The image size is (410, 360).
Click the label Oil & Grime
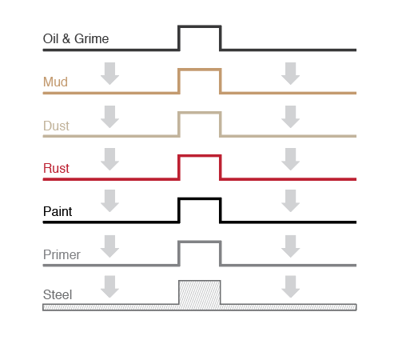[76, 38]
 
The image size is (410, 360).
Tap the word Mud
[55, 82]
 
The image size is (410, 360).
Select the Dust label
[56, 126]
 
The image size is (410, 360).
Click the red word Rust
[56, 168]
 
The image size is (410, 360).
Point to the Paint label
[58, 211]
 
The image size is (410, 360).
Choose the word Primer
[62, 254]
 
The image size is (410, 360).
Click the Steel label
[58, 294]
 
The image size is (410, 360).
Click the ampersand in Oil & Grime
[66, 38]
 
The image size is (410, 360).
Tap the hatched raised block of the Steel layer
[200, 292]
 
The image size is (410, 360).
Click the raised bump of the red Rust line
[200, 155]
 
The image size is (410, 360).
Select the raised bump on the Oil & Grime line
[200, 26]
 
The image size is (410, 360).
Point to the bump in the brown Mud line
[200, 70]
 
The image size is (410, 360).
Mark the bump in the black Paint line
[200, 198]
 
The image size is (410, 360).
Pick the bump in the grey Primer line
[200, 242]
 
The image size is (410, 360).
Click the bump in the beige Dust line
[200, 113]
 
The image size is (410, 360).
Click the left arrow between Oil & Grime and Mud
[109, 74]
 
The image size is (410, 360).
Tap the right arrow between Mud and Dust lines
[291, 117]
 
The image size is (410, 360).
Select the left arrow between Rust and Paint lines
[109, 201]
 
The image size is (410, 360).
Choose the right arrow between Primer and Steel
[291, 286]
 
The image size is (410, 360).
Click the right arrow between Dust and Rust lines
[291, 159]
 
